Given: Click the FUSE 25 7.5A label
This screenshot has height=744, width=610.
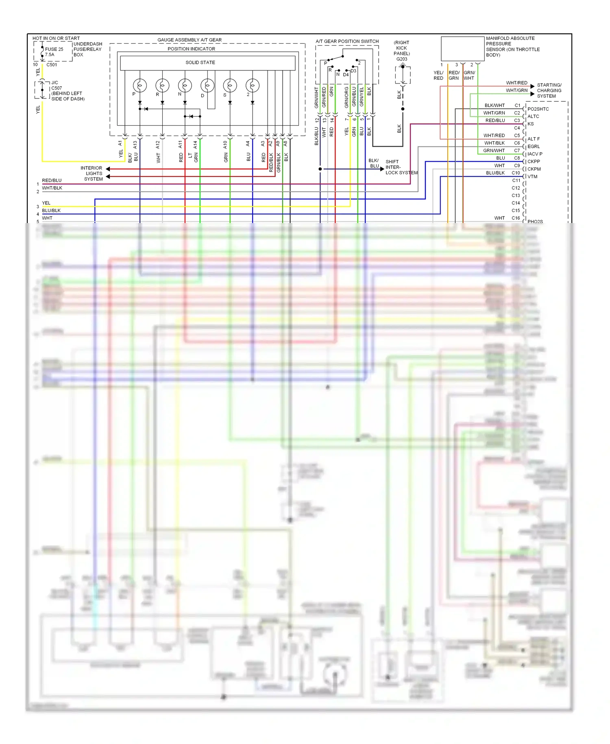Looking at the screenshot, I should tap(54, 52).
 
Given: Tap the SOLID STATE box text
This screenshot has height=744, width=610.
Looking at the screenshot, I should tap(200, 62).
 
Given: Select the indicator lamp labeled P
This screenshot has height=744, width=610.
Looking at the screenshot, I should tap(139, 85).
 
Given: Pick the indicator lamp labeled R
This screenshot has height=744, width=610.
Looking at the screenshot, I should tap(162, 85).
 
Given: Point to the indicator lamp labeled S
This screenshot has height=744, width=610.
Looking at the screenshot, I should tap(230, 85).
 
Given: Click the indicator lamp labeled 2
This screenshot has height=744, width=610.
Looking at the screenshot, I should tap(253, 85).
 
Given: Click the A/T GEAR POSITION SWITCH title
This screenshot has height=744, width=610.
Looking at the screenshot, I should tap(347, 41).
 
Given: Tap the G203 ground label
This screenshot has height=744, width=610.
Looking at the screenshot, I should tap(402, 59).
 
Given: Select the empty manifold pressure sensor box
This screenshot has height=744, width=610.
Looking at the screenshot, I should tap(462, 49).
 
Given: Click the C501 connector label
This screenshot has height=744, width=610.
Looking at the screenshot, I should tap(52, 65).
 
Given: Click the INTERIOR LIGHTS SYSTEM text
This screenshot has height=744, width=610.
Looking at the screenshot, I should tap(93, 173).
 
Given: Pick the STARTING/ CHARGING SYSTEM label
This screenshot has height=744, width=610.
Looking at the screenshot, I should tap(549, 90).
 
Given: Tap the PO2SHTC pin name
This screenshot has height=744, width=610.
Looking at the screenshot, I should tap(538, 109).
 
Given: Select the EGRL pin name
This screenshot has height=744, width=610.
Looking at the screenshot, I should tap(534, 147).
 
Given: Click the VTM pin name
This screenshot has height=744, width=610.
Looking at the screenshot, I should tap(532, 177).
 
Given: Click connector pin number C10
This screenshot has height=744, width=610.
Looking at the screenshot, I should tap(516, 173).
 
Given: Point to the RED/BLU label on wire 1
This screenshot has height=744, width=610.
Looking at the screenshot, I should tap(52, 180).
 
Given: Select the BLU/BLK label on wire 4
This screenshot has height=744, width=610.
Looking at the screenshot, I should tap(51, 210).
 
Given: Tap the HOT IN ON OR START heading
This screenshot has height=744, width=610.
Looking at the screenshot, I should tap(56, 38).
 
